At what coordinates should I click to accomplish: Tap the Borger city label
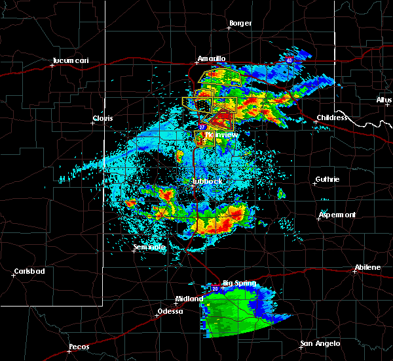[240, 24]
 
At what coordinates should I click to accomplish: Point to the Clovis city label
[102, 118]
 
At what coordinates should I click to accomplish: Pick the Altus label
[384, 100]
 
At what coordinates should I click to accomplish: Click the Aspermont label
[337, 215]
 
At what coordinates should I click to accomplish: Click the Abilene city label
[367, 267]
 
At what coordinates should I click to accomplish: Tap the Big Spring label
[237, 284]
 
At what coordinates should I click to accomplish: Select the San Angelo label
[320, 344]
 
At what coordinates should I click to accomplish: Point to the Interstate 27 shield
[202, 127]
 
